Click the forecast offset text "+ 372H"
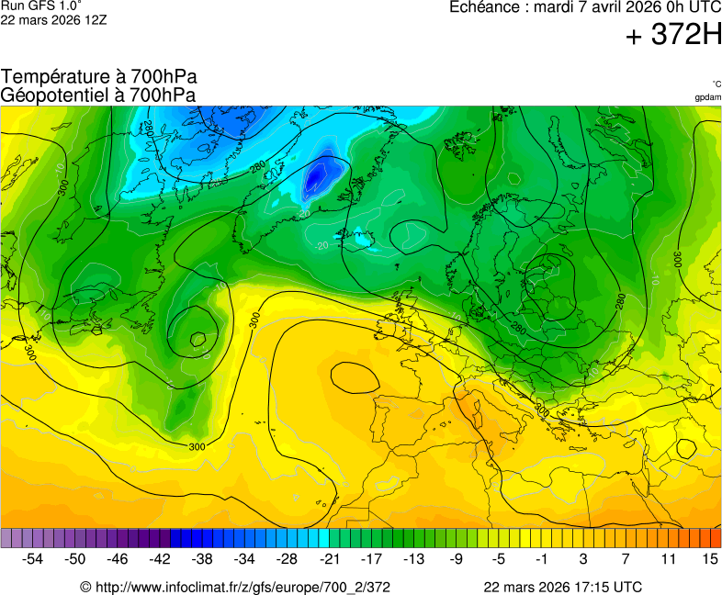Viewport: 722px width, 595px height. (673, 36)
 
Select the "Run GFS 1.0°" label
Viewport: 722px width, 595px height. (41, 6)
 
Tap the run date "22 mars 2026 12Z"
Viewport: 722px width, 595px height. (53, 20)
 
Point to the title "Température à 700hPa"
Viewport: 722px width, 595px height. (99, 77)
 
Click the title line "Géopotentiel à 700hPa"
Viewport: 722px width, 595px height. (98, 95)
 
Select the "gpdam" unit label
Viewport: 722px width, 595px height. (707, 96)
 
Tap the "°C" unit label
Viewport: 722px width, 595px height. (716, 84)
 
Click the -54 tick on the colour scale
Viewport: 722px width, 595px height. (33, 558)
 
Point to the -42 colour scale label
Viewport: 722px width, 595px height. (160, 558)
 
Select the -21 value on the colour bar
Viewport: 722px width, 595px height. (330, 558)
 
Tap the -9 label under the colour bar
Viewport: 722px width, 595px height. (457, 558)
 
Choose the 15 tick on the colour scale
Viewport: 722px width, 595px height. (710, 558)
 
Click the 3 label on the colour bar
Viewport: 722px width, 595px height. (583, 558)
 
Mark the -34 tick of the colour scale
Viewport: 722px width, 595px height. (244, 558)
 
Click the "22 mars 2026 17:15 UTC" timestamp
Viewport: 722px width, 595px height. (563, 587)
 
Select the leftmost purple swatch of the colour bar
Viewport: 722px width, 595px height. (6, 538)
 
